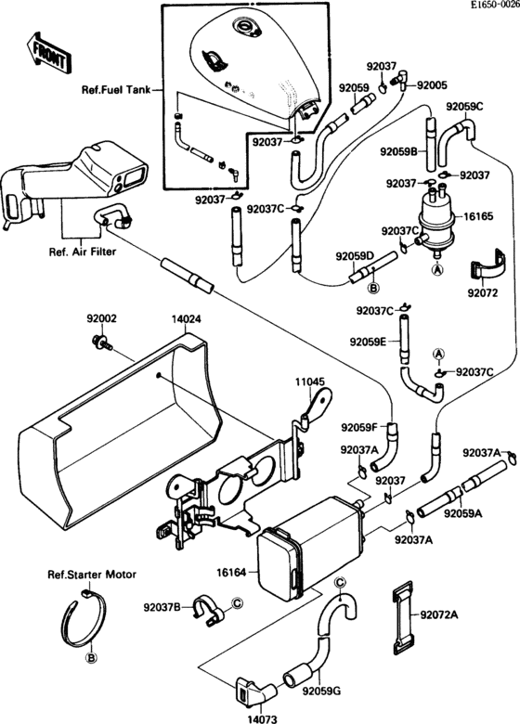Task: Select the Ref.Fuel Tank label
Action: coord(115,90)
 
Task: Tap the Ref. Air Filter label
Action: coord(83,252)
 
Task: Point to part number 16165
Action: coord(477,216)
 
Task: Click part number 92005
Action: coord(433,85)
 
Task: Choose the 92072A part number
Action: coord(439,614)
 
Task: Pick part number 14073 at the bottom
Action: coord(262,719)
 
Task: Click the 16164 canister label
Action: coord(231,573)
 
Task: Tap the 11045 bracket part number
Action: coord(310,381)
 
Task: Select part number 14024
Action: coord(187,319)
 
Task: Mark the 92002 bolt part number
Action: coord(101,318)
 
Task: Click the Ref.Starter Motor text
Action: coord(92,575)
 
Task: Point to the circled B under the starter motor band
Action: coord(91,658)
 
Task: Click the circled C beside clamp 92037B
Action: coord(237,602)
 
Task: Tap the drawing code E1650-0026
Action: coord(495,6)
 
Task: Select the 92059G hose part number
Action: coord(321,691)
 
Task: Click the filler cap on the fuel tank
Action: coord(246,27)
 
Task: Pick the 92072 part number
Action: coord(483,292)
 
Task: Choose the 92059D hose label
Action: coord(354,256)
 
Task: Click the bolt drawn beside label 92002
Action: coord(102,343)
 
